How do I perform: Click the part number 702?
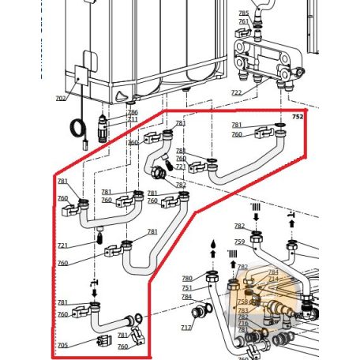61,99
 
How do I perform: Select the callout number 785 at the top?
243,13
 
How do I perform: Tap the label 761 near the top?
243,21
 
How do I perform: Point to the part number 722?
236,93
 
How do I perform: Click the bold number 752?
298,116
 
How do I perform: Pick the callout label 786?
132,112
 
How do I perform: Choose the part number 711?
132,119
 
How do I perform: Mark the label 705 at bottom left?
62,345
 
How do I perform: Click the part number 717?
186,328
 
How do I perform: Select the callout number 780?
187,279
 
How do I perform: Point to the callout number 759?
240,242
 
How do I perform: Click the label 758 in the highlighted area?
243,302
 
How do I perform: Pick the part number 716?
243,324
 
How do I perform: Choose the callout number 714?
273,279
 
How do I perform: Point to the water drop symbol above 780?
211,245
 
